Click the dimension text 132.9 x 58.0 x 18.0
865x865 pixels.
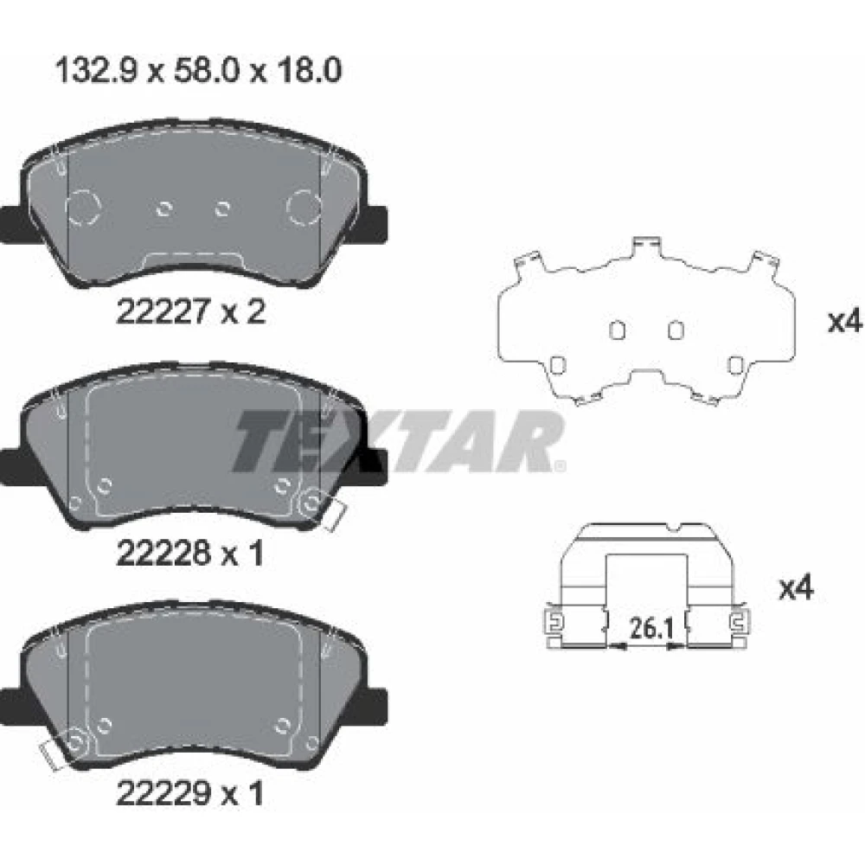(x=199, y=71)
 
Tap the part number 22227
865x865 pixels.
(x=163, y=311)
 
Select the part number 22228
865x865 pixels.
(x=163, y=553)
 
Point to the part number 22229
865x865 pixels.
(x=163, y=793)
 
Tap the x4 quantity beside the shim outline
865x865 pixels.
(x=844, y=321)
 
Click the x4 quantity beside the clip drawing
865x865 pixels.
(x=796, y=588)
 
